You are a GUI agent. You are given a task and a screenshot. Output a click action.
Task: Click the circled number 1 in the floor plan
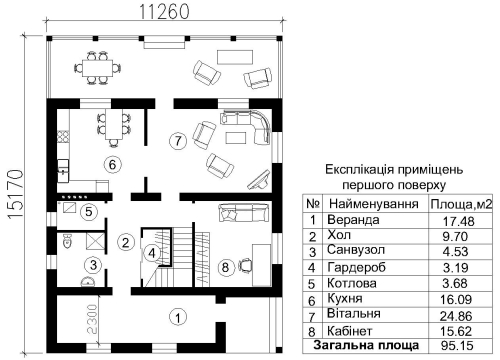(x=177, y=318)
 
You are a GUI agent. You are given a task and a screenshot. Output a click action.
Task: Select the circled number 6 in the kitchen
(x=112, y=163)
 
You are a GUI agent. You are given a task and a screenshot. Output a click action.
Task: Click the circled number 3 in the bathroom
(x=91, y=265)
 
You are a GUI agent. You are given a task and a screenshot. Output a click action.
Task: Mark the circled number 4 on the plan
(x=152, y=253)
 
